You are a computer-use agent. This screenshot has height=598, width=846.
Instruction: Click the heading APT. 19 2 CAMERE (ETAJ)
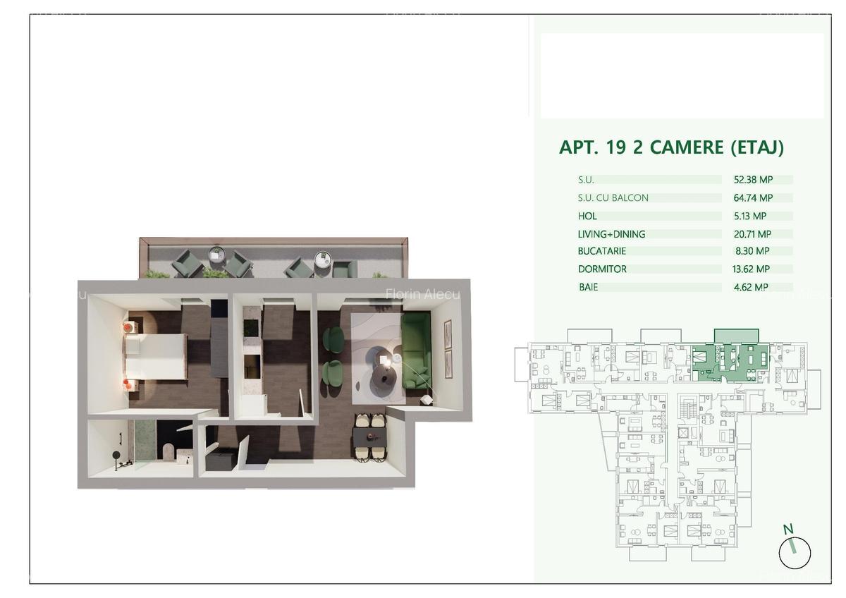point(671,147)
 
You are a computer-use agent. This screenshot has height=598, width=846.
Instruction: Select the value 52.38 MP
point(753,179)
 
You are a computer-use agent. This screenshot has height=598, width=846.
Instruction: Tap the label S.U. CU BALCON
point(613,197)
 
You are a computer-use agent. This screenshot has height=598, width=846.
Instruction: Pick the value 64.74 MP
point(753,197)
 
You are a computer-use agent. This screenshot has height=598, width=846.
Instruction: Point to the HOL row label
point(587,216)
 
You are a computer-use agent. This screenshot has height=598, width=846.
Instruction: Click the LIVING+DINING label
point(611,234)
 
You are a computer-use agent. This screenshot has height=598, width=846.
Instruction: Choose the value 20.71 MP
point(752,234)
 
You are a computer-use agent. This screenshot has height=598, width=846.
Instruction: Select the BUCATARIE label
point(602,251)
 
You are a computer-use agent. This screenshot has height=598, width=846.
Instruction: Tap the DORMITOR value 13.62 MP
point(751,269)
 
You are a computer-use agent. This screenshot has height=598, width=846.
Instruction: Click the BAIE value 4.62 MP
point(751,287)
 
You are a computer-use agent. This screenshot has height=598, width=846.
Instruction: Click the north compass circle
point(795,553)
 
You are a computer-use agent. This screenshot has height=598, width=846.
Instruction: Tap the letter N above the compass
point(788,530)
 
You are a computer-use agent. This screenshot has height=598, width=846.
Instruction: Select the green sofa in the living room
point(416,350)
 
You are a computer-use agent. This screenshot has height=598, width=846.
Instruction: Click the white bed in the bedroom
point(156,357)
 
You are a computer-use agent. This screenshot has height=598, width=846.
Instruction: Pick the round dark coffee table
point(383,379)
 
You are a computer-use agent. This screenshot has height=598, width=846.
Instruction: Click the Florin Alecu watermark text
point(422,294)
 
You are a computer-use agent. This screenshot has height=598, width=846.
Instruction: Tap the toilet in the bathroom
point(168,452)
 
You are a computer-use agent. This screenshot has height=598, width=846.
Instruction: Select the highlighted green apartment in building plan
point(730,362)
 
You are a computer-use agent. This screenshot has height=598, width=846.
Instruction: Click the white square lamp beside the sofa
point(426,400)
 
